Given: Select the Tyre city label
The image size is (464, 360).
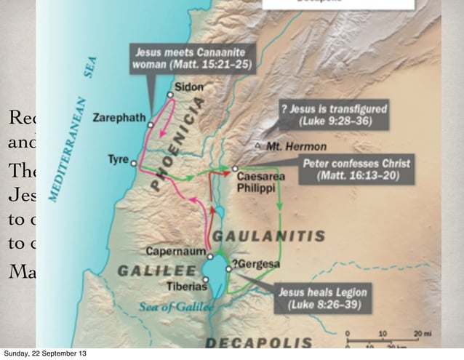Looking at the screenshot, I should (x=118, y=159).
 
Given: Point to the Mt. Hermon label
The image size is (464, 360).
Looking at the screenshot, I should (x=291, y=146).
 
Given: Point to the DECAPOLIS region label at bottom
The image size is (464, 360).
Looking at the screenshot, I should (x=258, y=343).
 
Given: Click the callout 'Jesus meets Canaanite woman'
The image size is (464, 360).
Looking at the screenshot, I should (x=193, y=57).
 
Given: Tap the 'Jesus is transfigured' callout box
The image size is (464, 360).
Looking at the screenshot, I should (x=335, y=114).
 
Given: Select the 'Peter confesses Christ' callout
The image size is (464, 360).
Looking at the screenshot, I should (x=357, y=169).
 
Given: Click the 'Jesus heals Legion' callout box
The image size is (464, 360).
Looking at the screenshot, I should (x=323, y=297).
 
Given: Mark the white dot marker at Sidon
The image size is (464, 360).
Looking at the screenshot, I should (x=169, y=95).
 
